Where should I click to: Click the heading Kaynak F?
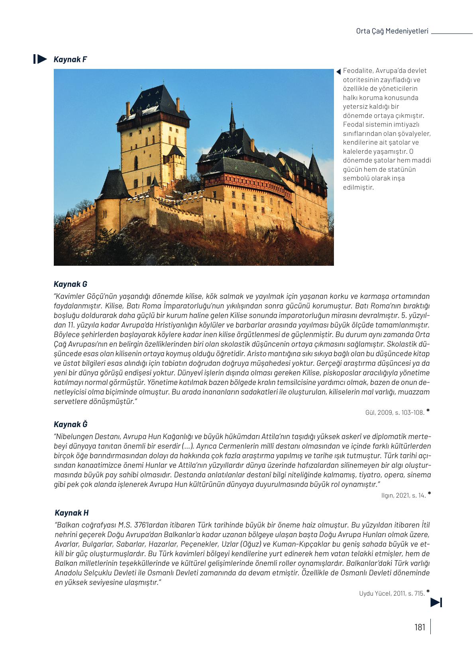coord(70,59)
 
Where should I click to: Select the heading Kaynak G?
coord(70,284)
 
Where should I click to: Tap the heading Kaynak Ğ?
coord(70,424)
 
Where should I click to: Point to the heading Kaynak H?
coord(71,513)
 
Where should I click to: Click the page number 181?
coord(420,628)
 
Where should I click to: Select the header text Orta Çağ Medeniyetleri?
coord(392,31)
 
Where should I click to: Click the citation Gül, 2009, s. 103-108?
coord(394,413)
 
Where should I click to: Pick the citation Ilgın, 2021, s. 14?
coord(403,496)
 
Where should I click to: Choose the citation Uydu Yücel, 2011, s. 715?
coord(392,594)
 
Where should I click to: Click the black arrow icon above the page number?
coord(436,602)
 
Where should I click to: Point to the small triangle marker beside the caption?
coord(339,72)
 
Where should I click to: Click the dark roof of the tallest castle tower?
coord(152,102)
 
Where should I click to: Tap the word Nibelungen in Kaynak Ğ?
coord(73,437)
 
